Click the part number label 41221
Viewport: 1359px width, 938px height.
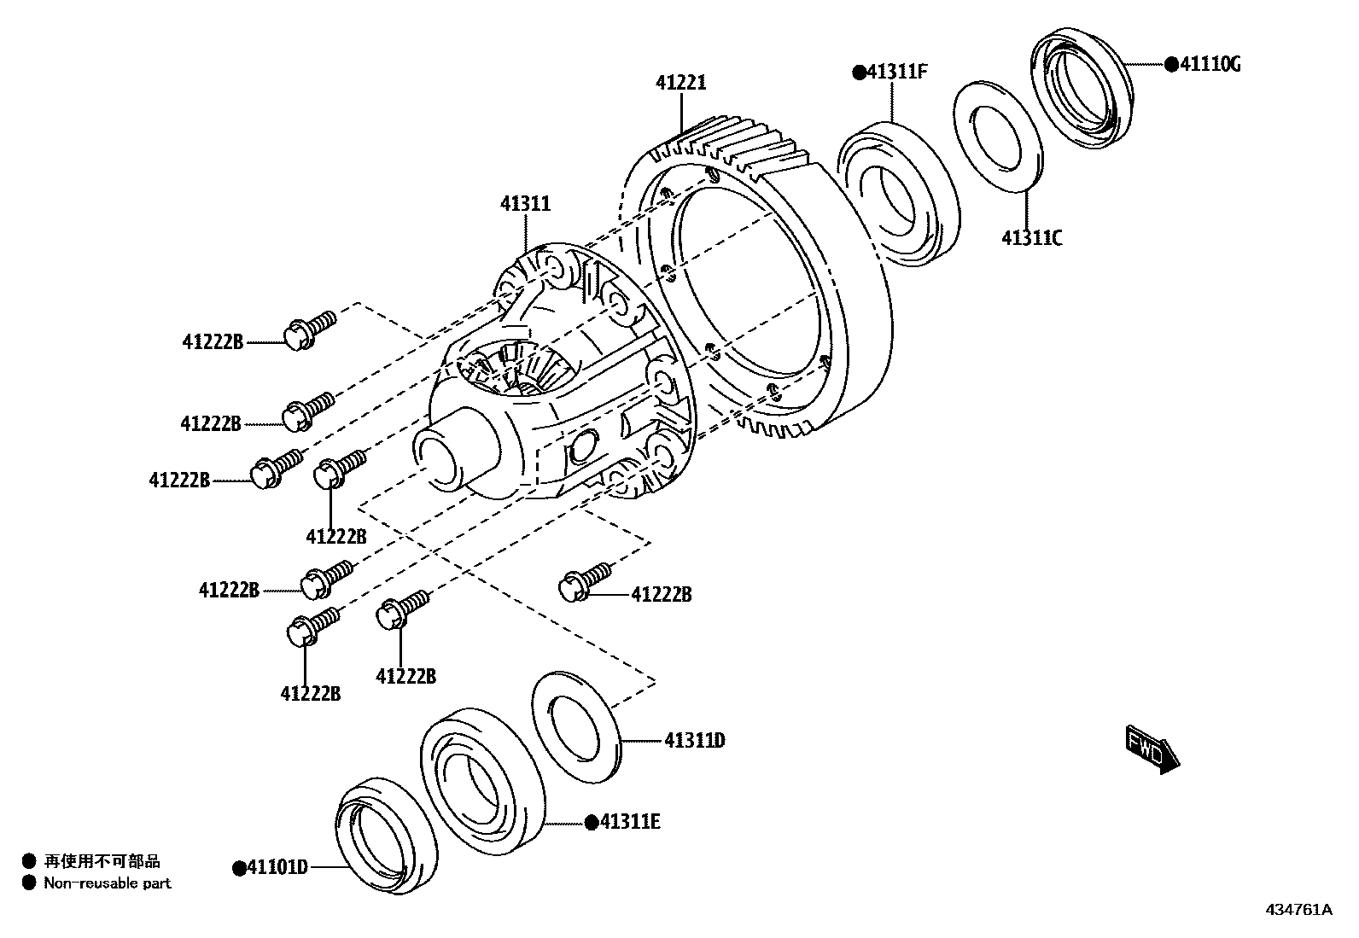click(x=680, y=83)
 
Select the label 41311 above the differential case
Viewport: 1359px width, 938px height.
click(x=525, y=204)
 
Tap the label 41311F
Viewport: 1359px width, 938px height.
click(x=896, y=72)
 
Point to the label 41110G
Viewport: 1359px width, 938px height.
click(x=1210, y=64)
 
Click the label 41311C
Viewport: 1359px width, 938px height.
click(x=1031, y=238)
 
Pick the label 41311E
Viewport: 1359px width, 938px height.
click(x=630, y=822)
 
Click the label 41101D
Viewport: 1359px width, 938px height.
click(x=277, y=867)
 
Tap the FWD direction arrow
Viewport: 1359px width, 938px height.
click(x=1152, y=749)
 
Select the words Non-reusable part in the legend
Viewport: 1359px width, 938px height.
click(x=108, y=883)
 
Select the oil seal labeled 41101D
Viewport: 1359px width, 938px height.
click(x=384, y=836)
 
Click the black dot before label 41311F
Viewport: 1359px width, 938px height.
click(x=859, y=73)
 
